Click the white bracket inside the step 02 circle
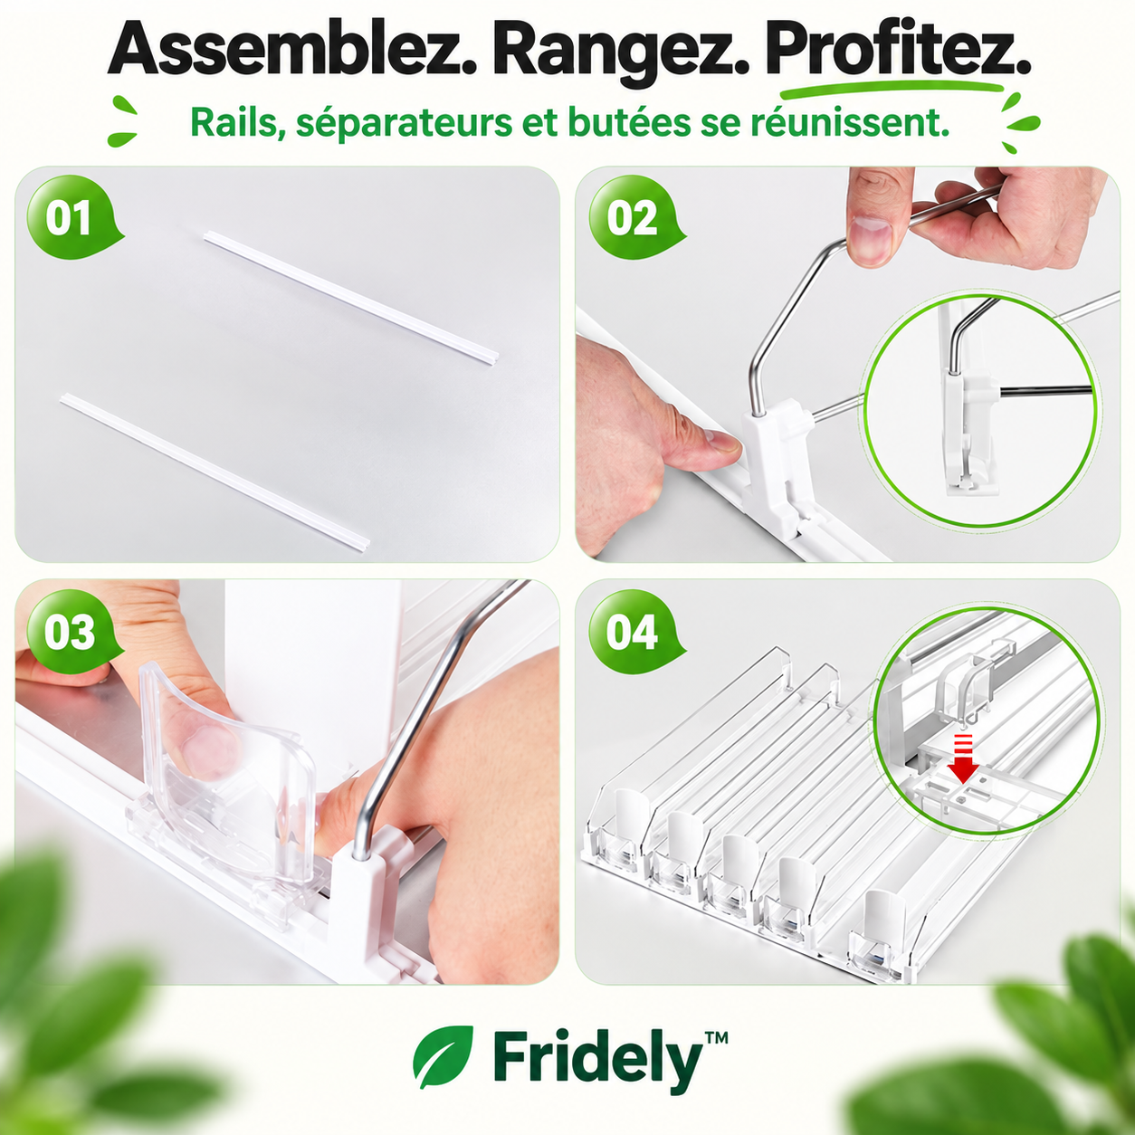point(961,434)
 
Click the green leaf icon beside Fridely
point(443,1056)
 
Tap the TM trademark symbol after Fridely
point(716,1035)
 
